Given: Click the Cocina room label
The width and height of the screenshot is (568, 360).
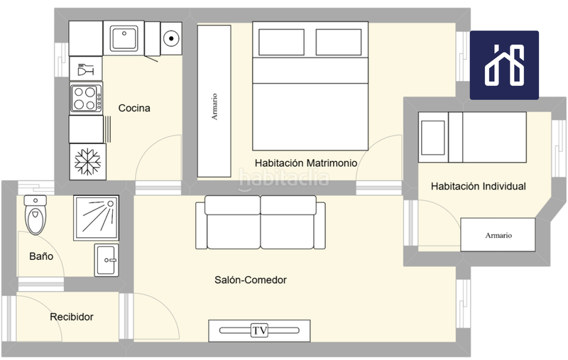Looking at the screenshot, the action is point(134,108).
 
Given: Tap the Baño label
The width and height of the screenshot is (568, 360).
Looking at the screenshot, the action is point(41,256).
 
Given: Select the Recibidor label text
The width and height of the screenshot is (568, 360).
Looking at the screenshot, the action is point(72,317).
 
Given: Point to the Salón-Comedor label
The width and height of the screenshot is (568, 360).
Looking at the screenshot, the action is point(251,280).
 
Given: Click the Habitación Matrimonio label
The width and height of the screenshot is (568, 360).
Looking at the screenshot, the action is point(306,163).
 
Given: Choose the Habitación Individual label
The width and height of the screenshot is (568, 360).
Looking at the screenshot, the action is point(478,186).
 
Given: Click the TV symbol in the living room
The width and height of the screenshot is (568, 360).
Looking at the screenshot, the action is point(259,330).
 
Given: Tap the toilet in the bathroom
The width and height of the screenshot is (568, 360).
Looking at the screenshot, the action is point(35,214).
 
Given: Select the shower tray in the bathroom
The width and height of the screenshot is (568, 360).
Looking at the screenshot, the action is point(97,218).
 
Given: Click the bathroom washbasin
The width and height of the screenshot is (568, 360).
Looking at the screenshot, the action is point(106,260).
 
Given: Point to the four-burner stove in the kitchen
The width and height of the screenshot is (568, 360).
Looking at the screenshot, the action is point(86,98).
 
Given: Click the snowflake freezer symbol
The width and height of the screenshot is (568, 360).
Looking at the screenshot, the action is point(87,161).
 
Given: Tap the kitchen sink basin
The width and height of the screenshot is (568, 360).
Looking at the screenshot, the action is point(124,38).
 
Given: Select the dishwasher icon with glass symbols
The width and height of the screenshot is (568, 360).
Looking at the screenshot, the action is point(86,68).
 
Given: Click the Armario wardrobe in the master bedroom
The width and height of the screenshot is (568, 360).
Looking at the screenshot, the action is point(214,101).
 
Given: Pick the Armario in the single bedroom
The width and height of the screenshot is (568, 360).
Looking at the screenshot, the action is point(498,235).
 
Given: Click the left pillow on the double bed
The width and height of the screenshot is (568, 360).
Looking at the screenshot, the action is point(281,42).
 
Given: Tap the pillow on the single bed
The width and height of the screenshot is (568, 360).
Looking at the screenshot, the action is point(433,138).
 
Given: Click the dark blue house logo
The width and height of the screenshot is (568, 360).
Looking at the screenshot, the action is point(504,65).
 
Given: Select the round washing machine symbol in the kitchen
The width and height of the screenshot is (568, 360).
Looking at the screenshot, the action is point(171,38).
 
